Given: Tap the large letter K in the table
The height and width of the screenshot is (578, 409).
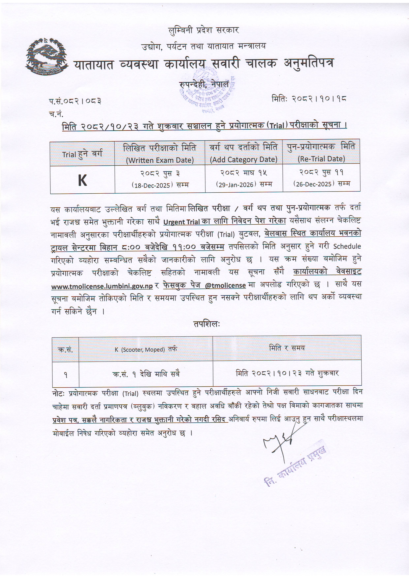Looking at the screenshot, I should [x=82, y=180].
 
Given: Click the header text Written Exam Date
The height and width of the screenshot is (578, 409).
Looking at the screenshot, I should [x=160, y=160].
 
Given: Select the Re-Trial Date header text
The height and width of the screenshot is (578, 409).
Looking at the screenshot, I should [x=321, y=159].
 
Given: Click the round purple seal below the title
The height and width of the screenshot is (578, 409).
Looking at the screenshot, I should [x=208, y=91].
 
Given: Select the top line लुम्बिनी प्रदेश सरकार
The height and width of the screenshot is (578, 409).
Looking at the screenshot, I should [x=203, y=31].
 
